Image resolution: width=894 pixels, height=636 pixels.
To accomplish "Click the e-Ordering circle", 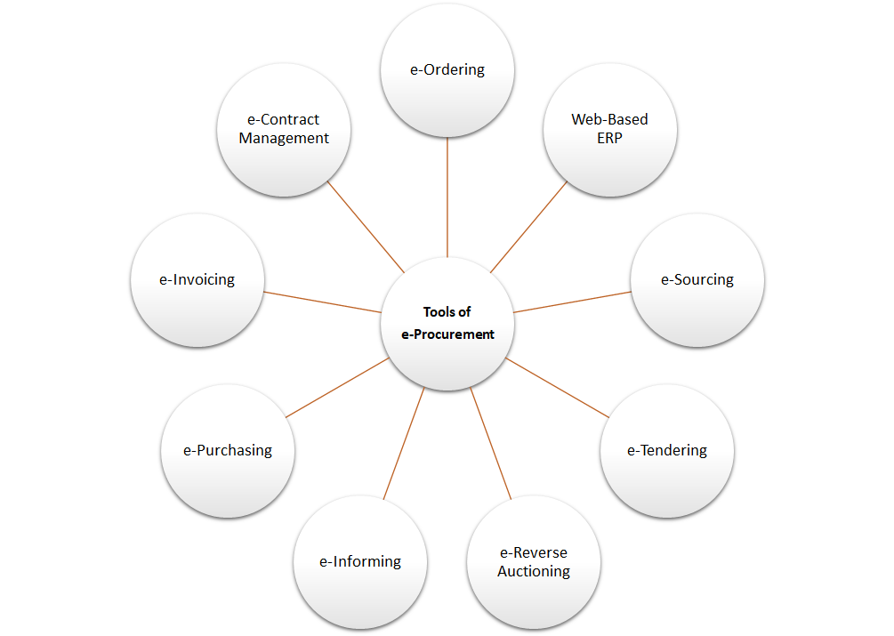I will click(447, 70).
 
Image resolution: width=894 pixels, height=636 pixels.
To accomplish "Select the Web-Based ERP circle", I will click(609, 129).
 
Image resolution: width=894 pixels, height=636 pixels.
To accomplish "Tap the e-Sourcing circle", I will click(697, 279).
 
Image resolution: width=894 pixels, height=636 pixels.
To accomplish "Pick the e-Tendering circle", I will click(667, 450).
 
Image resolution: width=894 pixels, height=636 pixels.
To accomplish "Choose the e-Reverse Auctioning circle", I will click(534, 562).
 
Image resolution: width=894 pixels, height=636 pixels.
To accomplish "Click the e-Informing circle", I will click(360, 562).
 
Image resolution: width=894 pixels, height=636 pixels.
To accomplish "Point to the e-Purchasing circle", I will click(228, 450).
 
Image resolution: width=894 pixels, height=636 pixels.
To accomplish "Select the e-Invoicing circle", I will click(197, 279).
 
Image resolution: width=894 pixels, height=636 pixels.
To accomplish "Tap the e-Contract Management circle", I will click(284, 129).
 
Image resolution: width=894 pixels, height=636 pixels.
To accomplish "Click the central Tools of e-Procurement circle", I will click(447, 323).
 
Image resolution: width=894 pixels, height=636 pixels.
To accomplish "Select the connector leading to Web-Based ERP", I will click(529, 226).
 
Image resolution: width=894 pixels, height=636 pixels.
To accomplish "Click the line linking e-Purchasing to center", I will click(338, 388).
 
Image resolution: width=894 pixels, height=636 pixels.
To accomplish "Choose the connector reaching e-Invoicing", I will click(322, 302).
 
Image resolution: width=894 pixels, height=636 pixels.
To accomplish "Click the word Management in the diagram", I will click(284, 139).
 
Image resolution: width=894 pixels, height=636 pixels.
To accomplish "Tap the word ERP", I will click(609, 139).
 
